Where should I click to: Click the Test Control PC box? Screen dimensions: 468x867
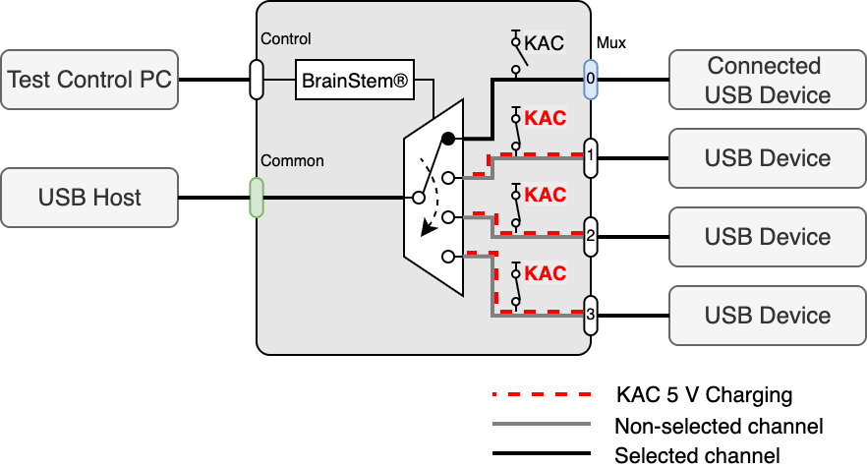[x=89, y=79]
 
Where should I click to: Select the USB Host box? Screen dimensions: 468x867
[x=89, y=198]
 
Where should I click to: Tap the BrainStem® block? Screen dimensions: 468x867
[x=352, y=79]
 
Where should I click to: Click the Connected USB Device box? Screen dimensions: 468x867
[x=764, y=80]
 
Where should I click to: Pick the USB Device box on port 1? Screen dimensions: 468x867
[x=764, y=158]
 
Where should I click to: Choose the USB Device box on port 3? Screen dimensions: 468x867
[x=764, y=316]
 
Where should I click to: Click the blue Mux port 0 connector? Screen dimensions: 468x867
[x=591, y=79]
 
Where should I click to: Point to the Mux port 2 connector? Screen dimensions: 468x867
[x=591, y=236]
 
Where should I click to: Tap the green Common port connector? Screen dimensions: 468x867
[x=257, y=197]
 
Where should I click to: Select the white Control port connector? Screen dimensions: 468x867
[x=257, y=79]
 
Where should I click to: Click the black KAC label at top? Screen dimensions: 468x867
[x=545, y=43]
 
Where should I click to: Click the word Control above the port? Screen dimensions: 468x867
[x=286, y=39]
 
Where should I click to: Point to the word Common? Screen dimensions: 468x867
[x=292, y=160]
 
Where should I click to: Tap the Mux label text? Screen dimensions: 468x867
[x=610, y=43]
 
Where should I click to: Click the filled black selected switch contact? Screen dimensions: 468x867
[x=447, y=139]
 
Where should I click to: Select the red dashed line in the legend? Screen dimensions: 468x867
[x=541, y=395]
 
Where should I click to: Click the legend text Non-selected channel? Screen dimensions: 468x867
[x=719, y=426]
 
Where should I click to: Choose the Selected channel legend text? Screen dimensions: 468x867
[x=697, y=455]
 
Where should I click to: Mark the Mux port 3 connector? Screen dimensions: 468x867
[x=591, y=315]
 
